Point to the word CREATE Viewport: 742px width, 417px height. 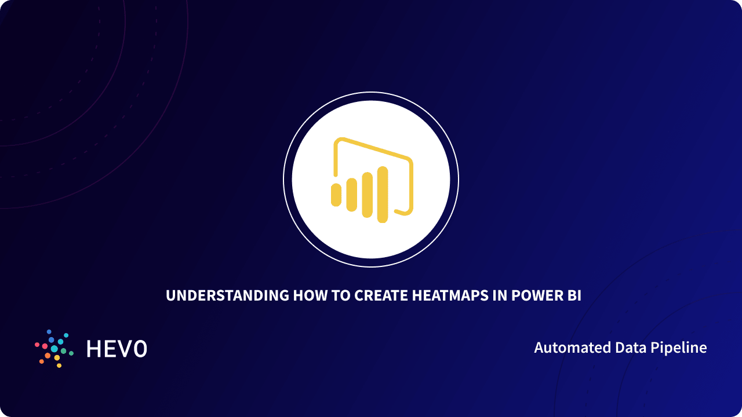click(x=380, y=295)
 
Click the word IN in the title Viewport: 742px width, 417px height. click(x=502, y=295)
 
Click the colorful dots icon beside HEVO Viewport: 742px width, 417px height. click(x=54, y=349)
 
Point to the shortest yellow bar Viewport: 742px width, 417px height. click(x=336, y=195)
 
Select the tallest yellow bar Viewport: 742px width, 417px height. click(x=382, y=195)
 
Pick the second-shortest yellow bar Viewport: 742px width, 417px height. click(x=351, y=195)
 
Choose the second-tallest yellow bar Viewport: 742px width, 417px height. click(x=367, y=195)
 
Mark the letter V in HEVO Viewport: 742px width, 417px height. click(x=125, y=349)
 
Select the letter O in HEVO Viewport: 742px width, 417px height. click(x=140, y=349)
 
